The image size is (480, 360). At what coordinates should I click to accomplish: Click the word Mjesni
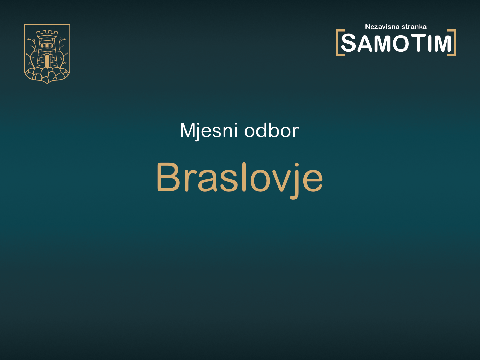(x=208, y=131)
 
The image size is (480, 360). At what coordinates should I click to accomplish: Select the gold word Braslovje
(x=239, y=177)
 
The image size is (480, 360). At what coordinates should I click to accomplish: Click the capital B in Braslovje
(x=168, y=177)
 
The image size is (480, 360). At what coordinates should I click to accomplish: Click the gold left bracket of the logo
(x=338, y=43)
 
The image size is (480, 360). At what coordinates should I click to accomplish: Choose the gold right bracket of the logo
(x=453, y=43)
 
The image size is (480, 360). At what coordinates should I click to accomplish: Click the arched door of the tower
(x=47, y=61)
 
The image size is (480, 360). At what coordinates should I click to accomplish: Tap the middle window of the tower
(x=47, y=45)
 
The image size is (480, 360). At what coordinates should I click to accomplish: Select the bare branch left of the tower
(x=32, y=51)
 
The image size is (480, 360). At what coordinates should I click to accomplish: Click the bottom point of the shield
(x=47, y=82)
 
